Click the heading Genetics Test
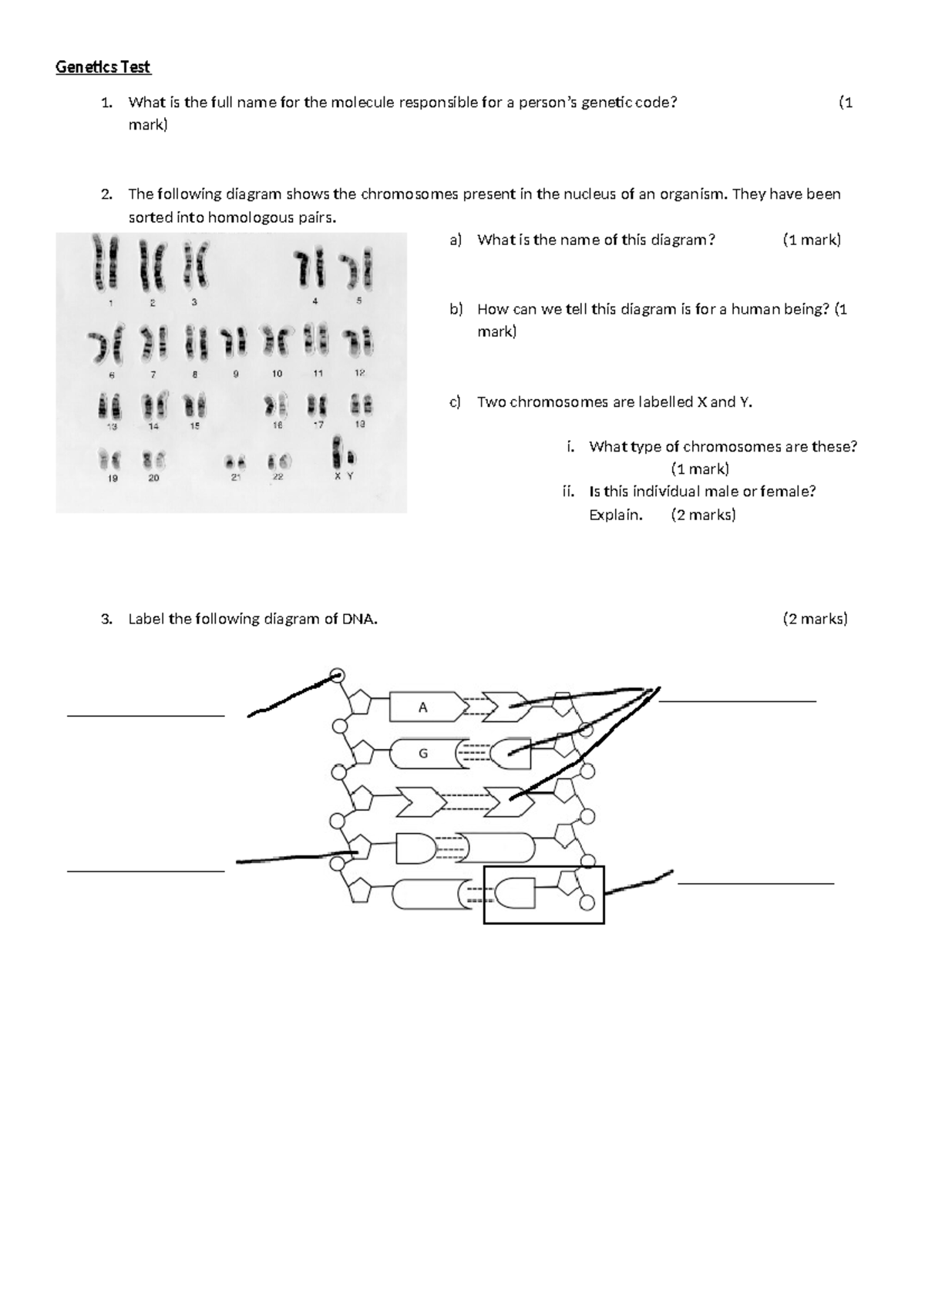click(103, 67)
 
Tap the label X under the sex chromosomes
click(337, 476)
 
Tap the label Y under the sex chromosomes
click(350, 476)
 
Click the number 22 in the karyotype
click(277, 477)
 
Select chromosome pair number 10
click(277, 341)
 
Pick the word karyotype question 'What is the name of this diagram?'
click(596, 240)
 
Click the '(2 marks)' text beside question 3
click(815, 619)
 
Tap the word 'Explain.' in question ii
click(615, 515)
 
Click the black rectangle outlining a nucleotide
click(543, 895)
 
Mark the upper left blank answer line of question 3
click(146, 716)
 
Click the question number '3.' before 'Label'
click(106, 619)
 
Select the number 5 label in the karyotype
click(358, 302)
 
